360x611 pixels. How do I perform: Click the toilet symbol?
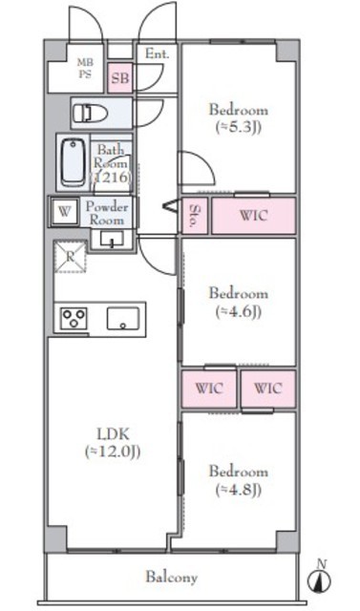(90, 113)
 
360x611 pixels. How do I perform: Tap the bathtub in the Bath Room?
(73, 161)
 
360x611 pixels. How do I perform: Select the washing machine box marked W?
(65, 212)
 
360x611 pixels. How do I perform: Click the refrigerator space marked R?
(70, 257)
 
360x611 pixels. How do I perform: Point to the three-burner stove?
(74, 318)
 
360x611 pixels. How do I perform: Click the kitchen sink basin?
(123, 318)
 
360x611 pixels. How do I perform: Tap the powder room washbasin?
(112, 239)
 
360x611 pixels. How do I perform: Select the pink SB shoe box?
(120, 78)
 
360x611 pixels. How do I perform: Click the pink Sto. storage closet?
(195, 216)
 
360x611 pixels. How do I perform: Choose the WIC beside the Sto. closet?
(254, 216)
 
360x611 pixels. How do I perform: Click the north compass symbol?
(320, 579)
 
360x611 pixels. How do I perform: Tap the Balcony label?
(172, 577)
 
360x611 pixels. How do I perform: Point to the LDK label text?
(113, 433)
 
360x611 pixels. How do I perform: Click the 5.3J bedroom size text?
(238, 127)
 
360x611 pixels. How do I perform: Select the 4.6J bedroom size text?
(238, 311)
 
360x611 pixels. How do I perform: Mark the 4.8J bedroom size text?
(238, 490)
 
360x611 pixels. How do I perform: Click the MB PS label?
(85, 68)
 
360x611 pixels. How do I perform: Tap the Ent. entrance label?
(158, 53)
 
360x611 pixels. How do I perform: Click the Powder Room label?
(107, 213)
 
